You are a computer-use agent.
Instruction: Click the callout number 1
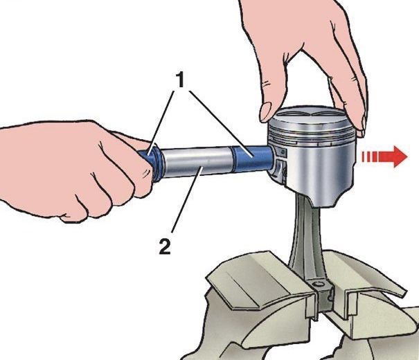pyautogui.click(x=181, y=80)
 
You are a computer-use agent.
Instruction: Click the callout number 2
pyautogui.click(x=164, y=246)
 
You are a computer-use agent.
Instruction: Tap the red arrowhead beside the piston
pyautogui.click(x=399, y=156)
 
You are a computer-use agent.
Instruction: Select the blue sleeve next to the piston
pyautogui.click(x=252, y=158)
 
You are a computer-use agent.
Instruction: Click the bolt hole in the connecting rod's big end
pyautogui.click(x=318, y=284)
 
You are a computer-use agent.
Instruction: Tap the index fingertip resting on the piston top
pyautogui.click(x=268, y=111)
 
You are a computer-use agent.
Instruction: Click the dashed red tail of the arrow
pyautogui.click(x=370, y=156)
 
